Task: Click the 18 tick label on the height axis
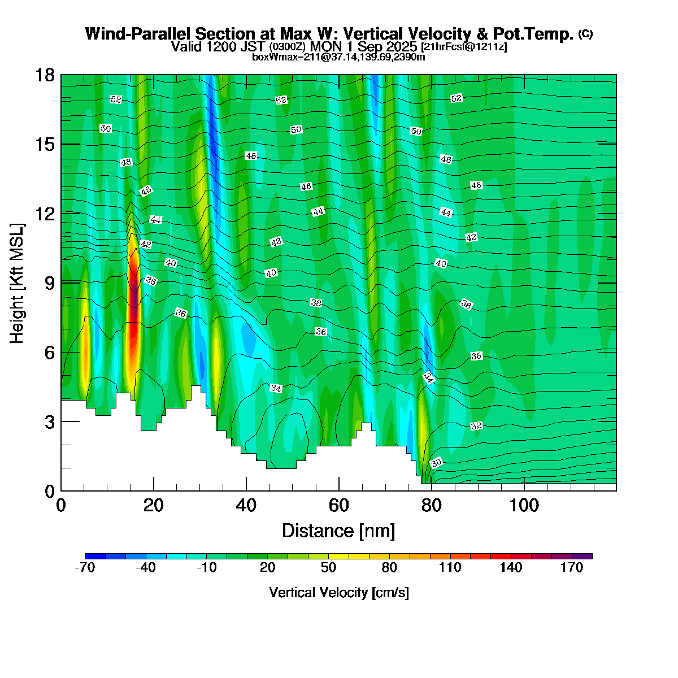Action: click(x=46, y=75)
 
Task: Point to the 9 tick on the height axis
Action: click(x=46, y=283)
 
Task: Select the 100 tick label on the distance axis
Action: click(x=524, y=505)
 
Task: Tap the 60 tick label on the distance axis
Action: click(x=339, y=505)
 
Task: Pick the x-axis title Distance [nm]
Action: click(x=338, y=531)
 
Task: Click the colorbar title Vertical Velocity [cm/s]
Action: click(x=339, y=593)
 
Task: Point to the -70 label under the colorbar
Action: click(x=85, y=568)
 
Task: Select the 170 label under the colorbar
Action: click(x=572, y=568)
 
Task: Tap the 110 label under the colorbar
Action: click(x=450, y=568)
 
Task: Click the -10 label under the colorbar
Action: click(x=206, y=568)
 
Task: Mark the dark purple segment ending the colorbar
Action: click(x=582, y=556)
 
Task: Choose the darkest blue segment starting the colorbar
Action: click(x=95, y=556)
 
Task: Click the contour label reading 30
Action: click(x=436, y=463)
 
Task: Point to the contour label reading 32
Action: click(x=476, y=425)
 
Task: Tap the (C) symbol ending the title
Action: click(x=585, y=34)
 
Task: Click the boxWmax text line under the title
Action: click(x=338, y=56)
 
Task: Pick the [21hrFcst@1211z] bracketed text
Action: click(x=464, y=47)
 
